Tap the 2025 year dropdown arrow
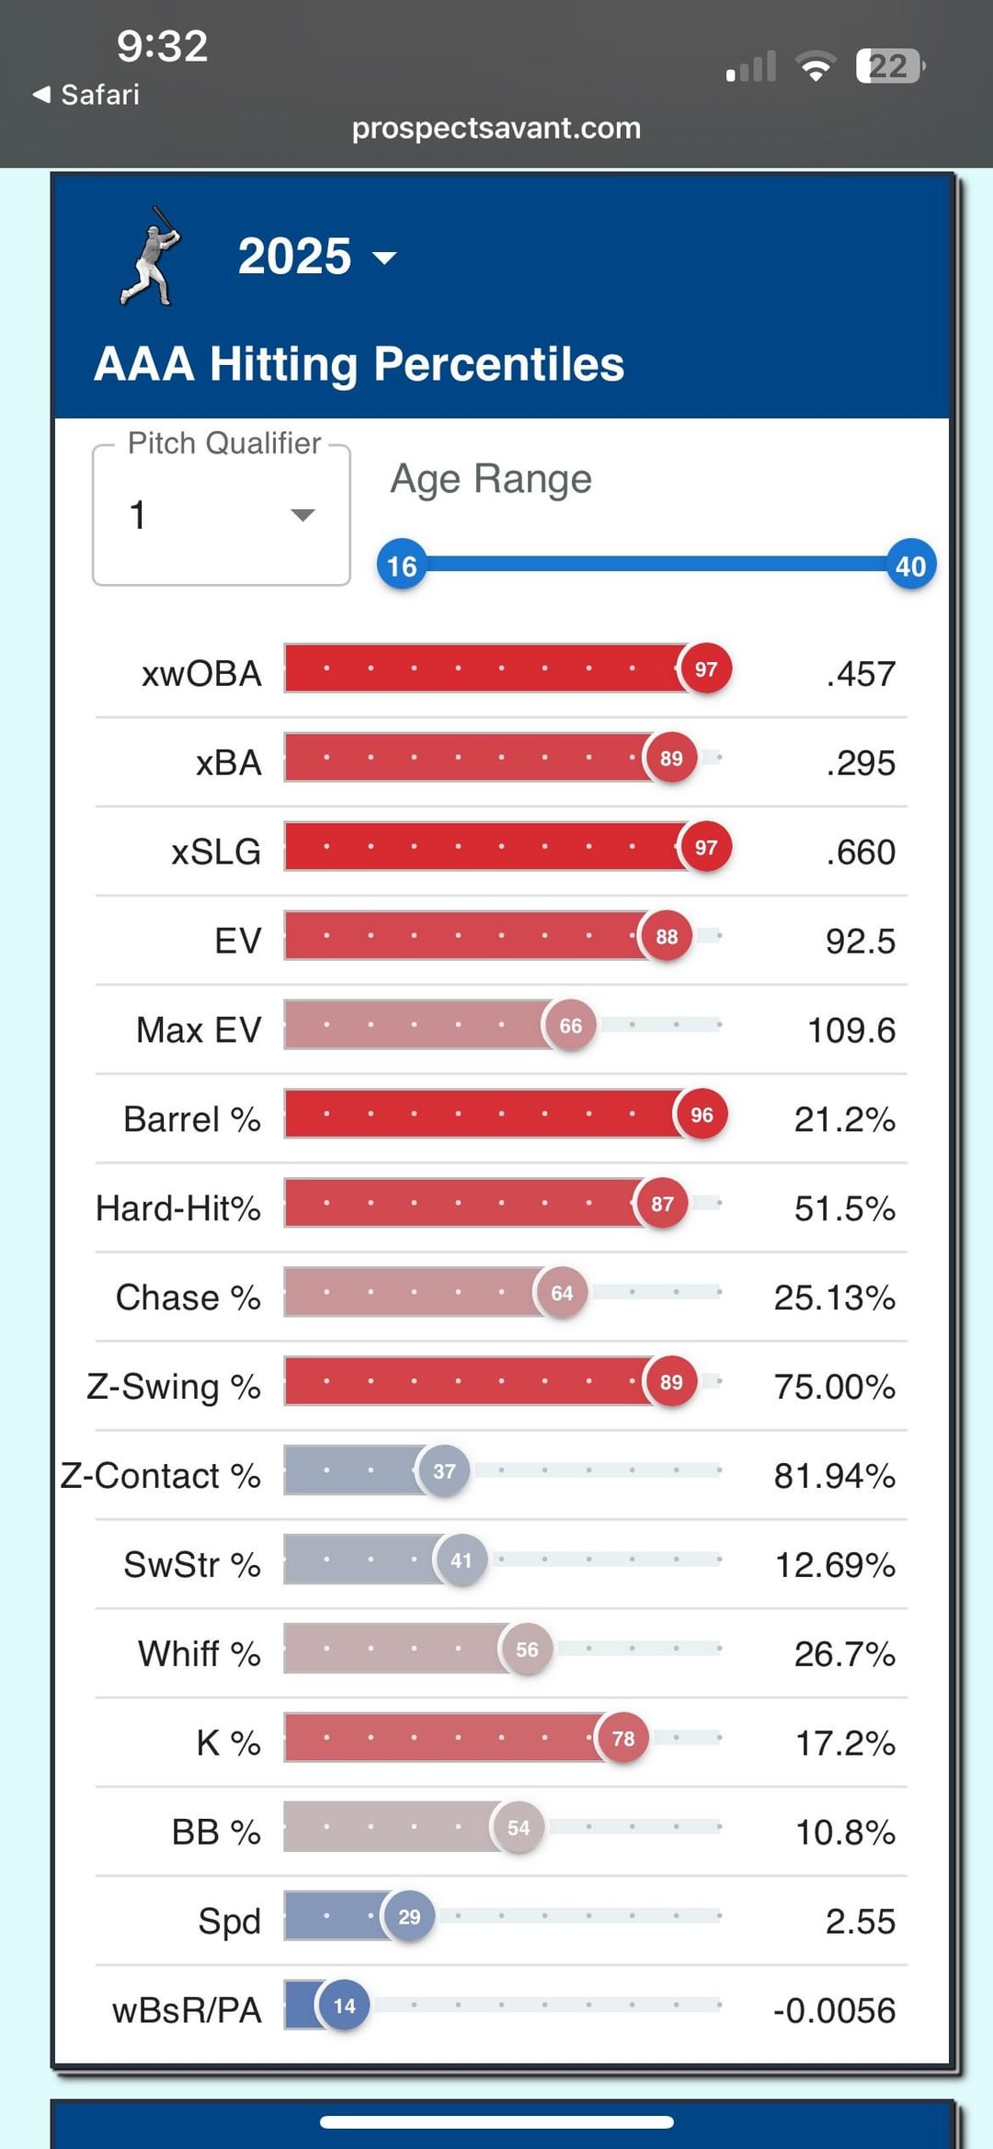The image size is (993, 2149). coord(384,258)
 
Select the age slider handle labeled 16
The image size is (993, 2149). coord(402,565)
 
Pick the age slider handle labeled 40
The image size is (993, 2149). coord(910,565)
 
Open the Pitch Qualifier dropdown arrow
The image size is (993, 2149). coord(302,515)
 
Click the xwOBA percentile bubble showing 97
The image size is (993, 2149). coord(705,669)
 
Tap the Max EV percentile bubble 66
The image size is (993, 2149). coord(570,1025)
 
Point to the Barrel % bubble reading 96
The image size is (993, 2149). coord(702,1115)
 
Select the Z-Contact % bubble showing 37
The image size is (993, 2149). coord(444,1471)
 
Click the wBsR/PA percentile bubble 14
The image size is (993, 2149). coord(344,2006)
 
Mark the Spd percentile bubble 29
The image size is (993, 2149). coord(409,1916)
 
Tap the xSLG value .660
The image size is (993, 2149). coord(860,852)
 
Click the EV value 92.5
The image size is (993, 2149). coord(860,942)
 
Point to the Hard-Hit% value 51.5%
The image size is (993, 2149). coord(844,1208)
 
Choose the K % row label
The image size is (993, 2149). coord(228,1743)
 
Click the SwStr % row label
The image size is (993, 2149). coord(192,1564)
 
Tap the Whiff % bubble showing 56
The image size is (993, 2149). coord(527,1650)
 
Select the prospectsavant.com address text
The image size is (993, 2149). coord(496,128)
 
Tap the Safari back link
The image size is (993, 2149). coord(86,95)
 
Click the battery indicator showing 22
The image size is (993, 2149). coord(889,66)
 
